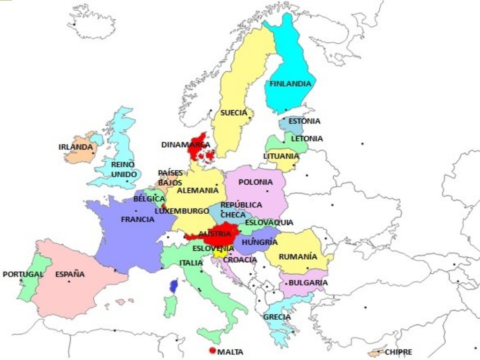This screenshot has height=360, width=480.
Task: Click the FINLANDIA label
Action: pos(290,84)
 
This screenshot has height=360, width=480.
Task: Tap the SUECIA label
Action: pos(233,113)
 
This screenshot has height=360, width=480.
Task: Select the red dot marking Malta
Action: pos(213,351)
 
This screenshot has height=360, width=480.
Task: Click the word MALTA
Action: pos(231,352)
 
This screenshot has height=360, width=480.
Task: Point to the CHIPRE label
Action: pos(398,352)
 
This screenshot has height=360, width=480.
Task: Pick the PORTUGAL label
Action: pos(23,274)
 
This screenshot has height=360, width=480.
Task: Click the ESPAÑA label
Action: pos(70,274)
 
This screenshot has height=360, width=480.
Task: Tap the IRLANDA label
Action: pos(75,147)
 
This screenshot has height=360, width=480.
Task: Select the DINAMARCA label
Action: pos(186,145)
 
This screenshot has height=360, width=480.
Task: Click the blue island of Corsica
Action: pos(174,285)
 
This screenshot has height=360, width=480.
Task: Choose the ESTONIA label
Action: pos(304,121)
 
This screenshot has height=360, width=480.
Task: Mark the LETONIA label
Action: pos(307,139)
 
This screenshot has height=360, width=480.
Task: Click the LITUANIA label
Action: pos(281,156)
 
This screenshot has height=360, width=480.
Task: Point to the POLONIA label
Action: pos(255,182)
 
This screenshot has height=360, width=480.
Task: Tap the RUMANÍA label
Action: pos(298,257)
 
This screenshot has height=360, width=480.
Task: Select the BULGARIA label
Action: pos(308,283)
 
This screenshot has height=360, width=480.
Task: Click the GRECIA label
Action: pos(277,317)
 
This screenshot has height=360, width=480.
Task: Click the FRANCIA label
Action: pos(137,219)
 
